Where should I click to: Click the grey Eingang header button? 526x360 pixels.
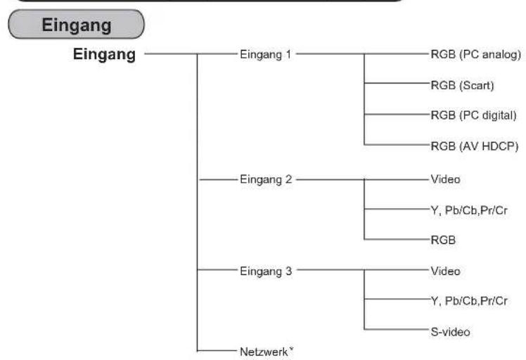coord(76,24)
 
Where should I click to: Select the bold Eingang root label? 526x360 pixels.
coord(104,54)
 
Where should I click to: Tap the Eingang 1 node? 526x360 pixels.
coord(266,55)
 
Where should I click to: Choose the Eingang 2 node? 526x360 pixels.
coord(266,179)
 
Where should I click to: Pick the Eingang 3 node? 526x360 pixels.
coord(266,271)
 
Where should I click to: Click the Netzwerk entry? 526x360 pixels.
coord(267,352)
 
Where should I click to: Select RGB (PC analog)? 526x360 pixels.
coord(475,55)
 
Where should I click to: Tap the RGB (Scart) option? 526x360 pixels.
coord(462,85)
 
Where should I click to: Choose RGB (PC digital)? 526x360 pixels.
coord(474,115)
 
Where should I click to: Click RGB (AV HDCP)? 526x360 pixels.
coord(475,146)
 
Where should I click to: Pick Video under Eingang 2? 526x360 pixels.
coord(446,179)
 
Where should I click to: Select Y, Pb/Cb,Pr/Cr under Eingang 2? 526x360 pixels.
coord(469,210)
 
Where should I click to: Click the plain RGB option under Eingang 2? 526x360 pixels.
coord(443,240)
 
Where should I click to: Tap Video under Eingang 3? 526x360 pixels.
coord(446,271)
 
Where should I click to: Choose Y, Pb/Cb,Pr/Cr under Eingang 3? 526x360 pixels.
coord(469,301)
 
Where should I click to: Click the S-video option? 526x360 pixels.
coord(450,332)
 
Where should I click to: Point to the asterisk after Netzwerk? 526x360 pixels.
coord(291,349)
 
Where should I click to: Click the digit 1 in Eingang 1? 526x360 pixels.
coord(288,54)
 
